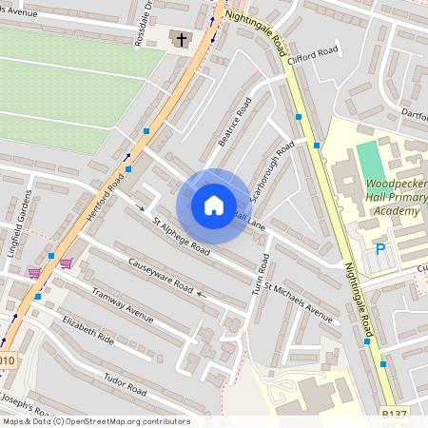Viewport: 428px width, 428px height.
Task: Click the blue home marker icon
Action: [x=214, y=204]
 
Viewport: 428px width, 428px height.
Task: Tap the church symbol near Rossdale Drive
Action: [x=180, y=39]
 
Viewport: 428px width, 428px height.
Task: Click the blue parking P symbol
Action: [x=380, y=250]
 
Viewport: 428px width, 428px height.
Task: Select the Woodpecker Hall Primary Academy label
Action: [x=394, y=197]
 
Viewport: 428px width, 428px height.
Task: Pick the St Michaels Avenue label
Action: [x=299, y=302]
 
